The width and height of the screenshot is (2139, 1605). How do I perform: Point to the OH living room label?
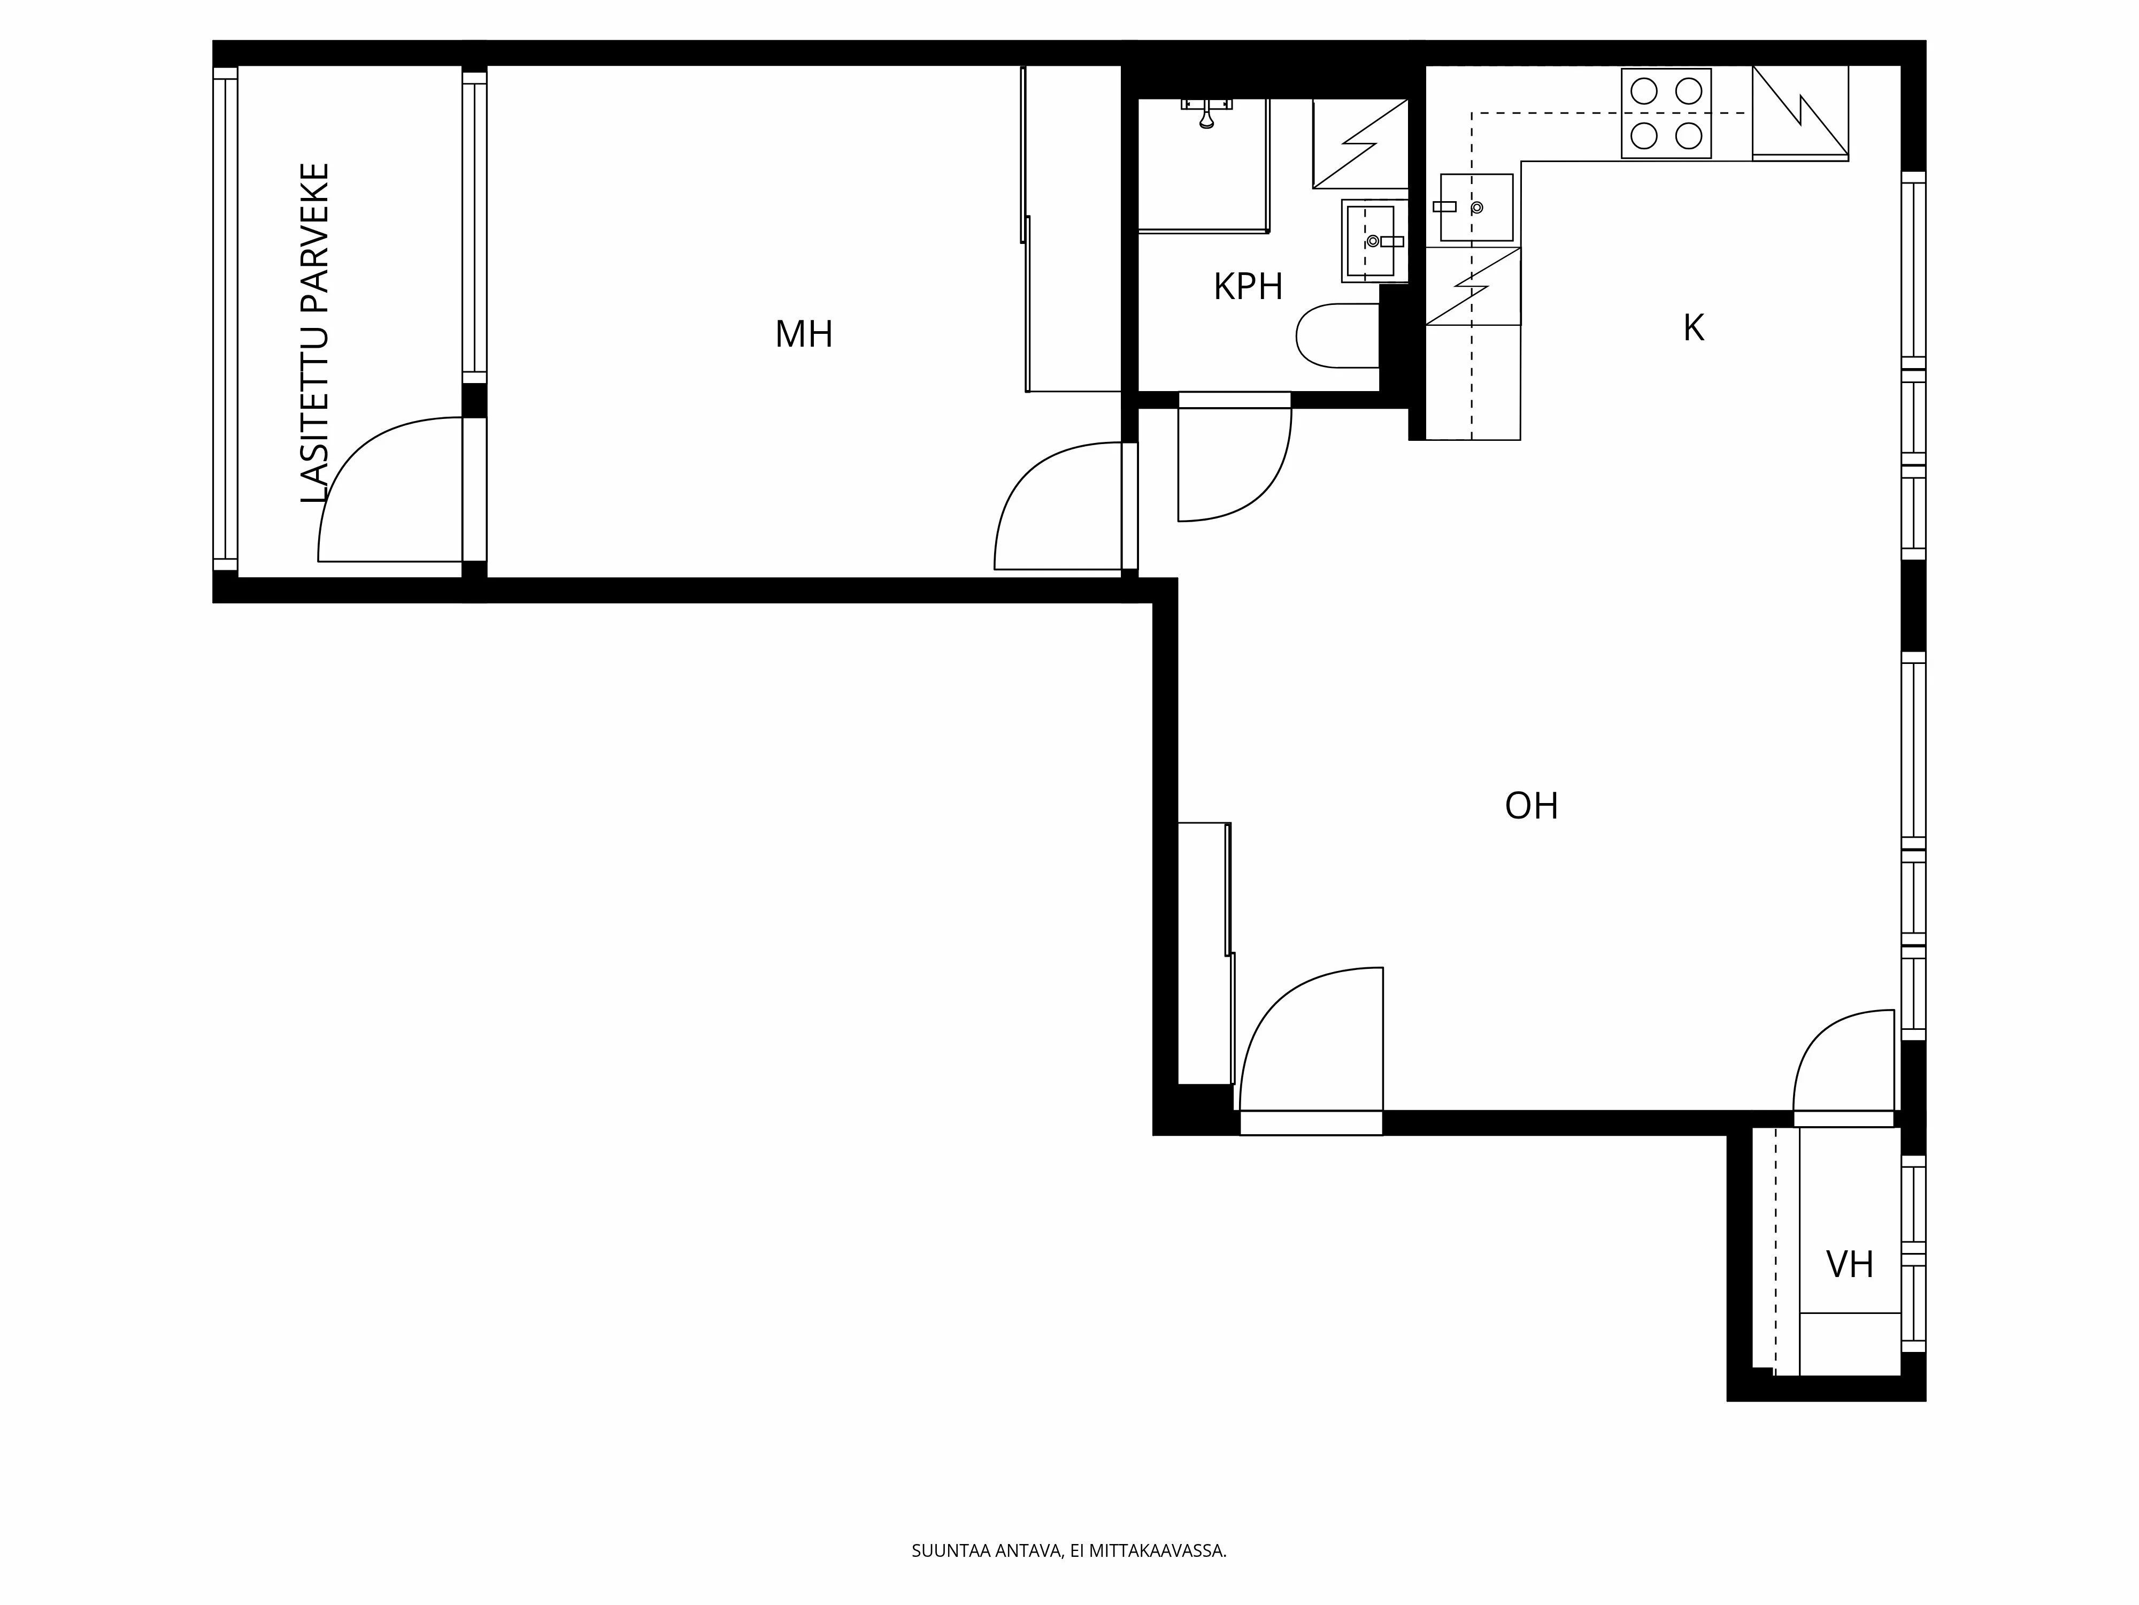point(1532,806)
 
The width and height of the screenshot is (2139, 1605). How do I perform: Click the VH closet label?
point(1849,1264)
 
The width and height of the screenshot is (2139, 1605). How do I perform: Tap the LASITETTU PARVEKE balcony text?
point(316,333)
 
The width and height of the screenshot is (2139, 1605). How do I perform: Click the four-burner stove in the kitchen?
point(1666,113)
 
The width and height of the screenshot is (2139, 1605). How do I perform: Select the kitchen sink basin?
point(1476,207)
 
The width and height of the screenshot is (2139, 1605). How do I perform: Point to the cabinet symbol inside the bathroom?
point(1359,143)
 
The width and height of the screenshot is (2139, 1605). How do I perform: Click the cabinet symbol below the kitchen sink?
point(1473,286)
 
